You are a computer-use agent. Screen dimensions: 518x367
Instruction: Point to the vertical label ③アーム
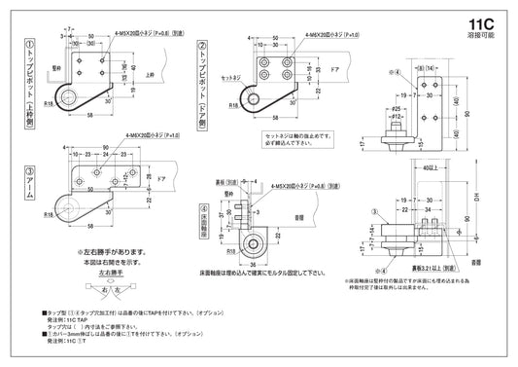tap(30, 185)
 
